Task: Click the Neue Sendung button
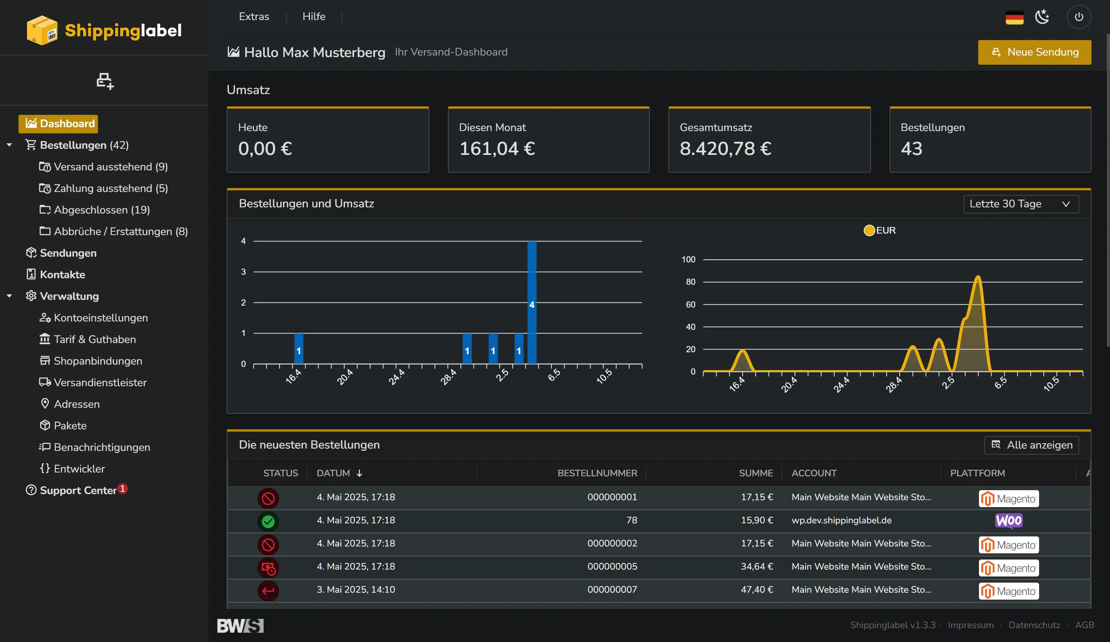tap(1034, 52)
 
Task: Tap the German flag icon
tap(1014, 18)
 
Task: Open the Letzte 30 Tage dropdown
tap(1020, 204)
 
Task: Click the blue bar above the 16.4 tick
tap(299, 348)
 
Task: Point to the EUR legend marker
tap(869, 230)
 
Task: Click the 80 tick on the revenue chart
tap(690, 282)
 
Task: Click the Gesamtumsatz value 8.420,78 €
tap(725, 148)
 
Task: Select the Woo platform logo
tap(1008, 521)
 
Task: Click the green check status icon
tap(268, 521)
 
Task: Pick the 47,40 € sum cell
tap(756, 589)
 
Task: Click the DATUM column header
tap(333, 473)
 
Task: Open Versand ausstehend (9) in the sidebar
tap(110, 167)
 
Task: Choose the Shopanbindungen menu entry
tap(98, 361)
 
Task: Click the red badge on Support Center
tap(123, 488)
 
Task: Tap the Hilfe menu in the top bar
tap(314, 16)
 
